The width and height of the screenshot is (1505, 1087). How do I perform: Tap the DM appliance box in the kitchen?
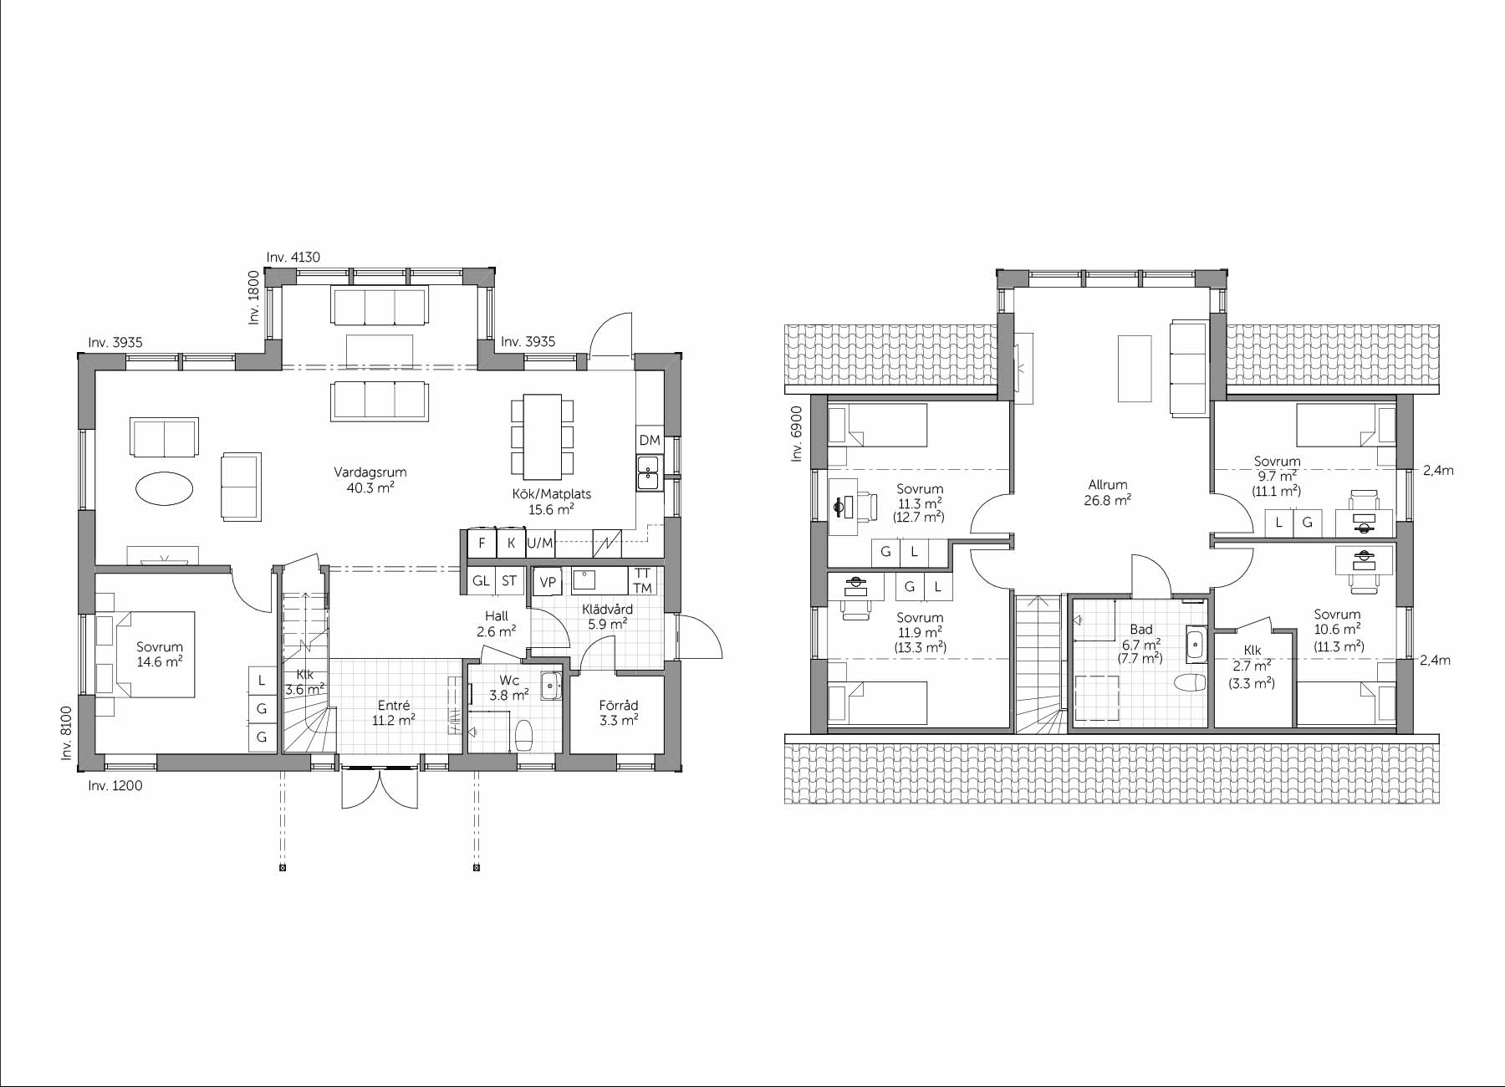650,440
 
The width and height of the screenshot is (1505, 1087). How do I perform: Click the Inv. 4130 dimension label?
293,258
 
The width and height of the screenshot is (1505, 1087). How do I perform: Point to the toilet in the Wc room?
524,736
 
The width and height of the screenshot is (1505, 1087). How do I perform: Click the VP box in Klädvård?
548,582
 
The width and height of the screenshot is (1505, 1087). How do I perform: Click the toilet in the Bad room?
1190,683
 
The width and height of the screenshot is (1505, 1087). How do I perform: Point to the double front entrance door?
380,786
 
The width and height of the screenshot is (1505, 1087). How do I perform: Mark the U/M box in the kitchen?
540,543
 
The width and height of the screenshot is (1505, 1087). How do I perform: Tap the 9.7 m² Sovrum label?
1278,476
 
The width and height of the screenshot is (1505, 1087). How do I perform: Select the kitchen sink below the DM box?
649,472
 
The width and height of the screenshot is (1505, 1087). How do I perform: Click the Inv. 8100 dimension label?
67,733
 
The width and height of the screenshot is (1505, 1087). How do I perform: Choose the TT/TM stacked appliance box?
642,581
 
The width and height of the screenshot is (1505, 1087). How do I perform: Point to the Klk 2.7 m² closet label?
1252,666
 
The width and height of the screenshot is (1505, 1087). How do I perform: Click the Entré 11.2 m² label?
394,712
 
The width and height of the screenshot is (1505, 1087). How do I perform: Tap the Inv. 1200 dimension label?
115,786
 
